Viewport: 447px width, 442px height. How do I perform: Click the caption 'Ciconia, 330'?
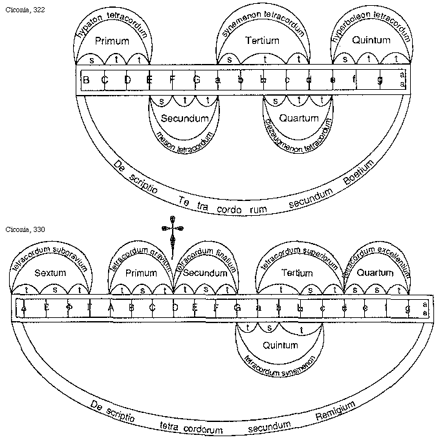(x=21, y=229)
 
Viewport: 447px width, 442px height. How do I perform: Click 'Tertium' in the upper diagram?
(x=263, y=41)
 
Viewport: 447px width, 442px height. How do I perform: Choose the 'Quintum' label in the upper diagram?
(x=371, y=41)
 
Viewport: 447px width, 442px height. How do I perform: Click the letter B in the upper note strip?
(x=86, y=80)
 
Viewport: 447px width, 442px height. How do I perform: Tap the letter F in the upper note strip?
(x=172, y=80)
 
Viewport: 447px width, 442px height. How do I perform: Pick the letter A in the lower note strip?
(x=110, y=308)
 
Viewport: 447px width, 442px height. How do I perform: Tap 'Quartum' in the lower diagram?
(x=375, y=273)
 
